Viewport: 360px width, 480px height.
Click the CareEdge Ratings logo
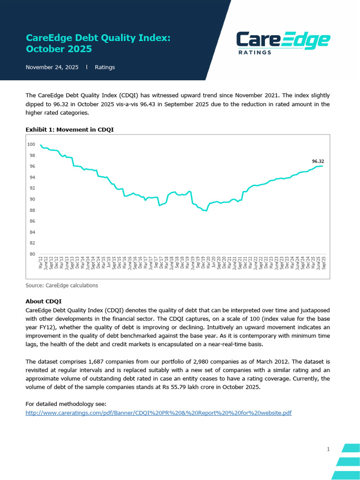pos(283,43)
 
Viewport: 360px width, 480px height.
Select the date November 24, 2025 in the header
pos(52,67)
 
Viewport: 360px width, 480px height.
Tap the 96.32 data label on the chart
pos(318,161)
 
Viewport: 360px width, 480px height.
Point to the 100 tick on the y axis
pos(32,144)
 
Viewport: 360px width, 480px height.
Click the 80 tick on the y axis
pos(32,254)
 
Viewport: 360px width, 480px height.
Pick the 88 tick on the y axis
pos(32,210)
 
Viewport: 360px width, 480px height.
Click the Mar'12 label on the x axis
pos(41,263)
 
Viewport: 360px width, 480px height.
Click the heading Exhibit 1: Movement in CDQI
pos(69,129)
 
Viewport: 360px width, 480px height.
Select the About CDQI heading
pos(44,301)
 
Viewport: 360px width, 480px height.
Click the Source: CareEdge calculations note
pos(62,285)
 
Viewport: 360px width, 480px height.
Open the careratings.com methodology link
pos(158,412)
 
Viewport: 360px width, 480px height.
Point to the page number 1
pos(328,449)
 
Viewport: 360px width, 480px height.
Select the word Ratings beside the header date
pos(105,67)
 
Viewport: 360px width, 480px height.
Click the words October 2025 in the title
pos(59,49)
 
